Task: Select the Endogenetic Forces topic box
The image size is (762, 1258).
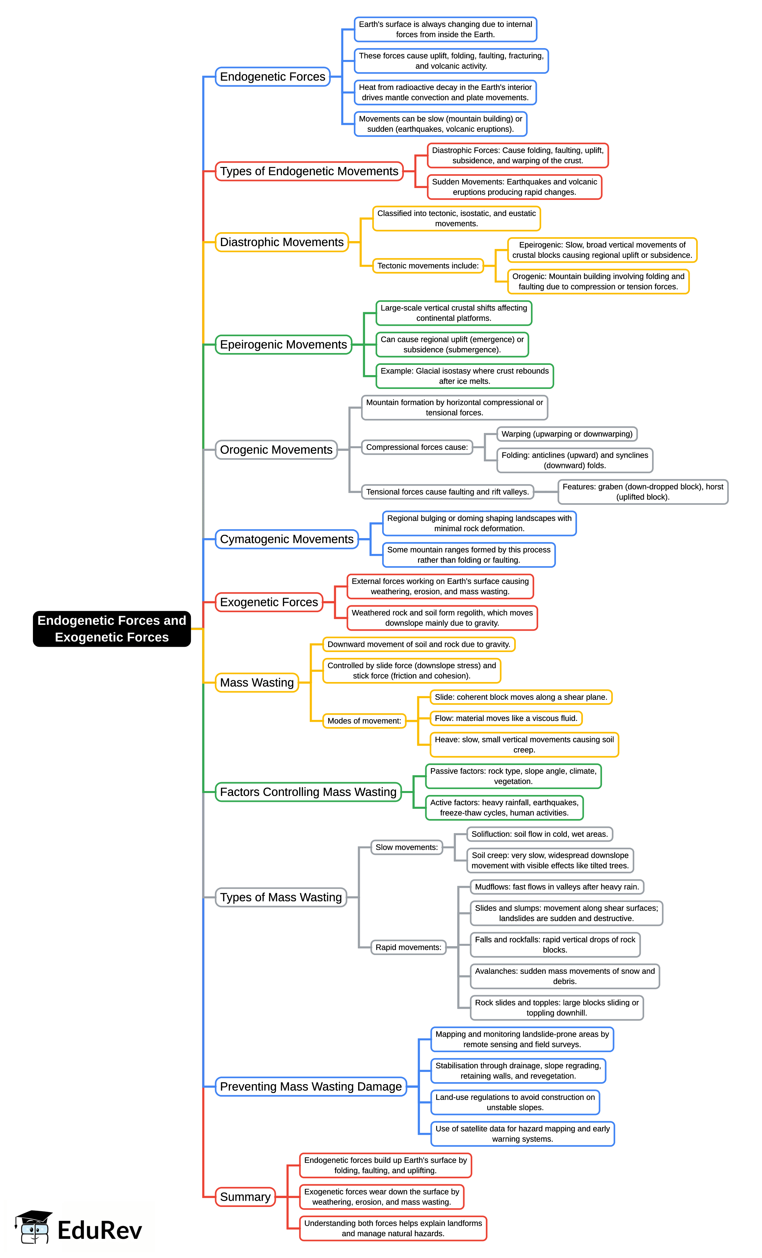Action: point(273,77)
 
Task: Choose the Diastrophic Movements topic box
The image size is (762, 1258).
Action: point(282,242)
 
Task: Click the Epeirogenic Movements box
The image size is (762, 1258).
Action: point(283,344)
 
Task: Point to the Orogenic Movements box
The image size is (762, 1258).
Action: point(276,450)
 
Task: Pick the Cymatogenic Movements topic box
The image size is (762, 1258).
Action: point(286,539)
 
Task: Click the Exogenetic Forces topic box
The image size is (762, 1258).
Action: point(269,602)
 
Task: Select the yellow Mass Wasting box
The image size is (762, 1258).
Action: point(257,683)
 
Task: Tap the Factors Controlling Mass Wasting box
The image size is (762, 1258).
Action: point(308,792)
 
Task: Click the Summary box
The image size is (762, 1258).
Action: point(245,1197)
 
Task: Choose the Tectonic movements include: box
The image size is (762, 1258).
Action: point(428,265)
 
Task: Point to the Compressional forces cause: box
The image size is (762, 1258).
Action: point(416,447)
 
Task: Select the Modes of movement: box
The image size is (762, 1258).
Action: point(364,721)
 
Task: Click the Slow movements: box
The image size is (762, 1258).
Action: point(406,847)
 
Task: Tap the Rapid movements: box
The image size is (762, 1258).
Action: point(408,947)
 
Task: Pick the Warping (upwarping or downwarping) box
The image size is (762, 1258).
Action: point(566,434)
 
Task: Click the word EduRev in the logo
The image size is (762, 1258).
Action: point(99,1230)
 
